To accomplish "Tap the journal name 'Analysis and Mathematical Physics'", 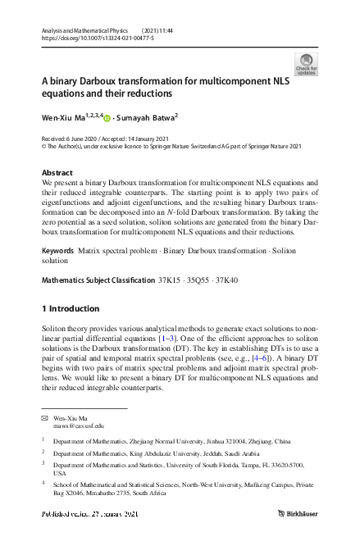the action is click(81, 30).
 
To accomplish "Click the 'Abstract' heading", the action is click(57, 173).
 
